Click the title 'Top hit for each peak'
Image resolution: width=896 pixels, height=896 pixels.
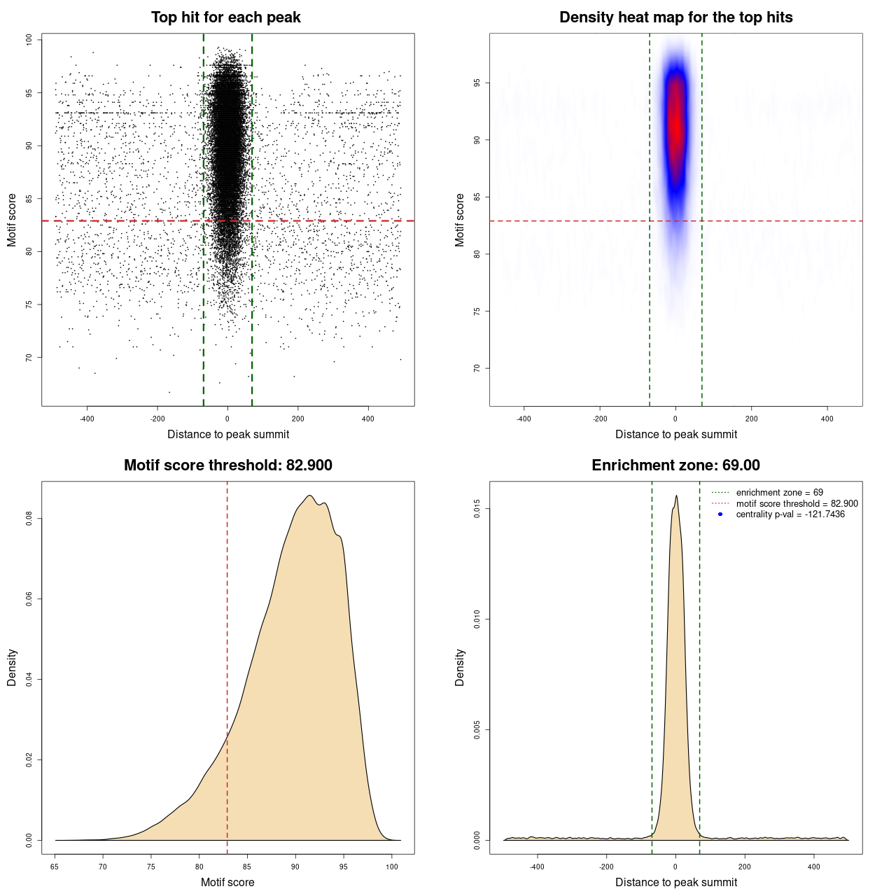point(225,17)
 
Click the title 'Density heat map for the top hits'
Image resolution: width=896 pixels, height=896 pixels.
point(675,17)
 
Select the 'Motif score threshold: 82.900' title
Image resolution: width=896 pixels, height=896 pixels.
point(227,465)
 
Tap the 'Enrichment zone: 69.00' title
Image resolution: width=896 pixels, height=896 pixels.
point(675,465)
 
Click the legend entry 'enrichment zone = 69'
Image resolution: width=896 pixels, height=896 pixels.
point(779,493)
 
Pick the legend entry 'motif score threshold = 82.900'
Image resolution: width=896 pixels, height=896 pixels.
point(797,503)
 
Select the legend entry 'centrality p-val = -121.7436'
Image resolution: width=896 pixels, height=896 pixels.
point(790,514)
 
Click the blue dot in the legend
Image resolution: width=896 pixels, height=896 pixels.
point(720,514)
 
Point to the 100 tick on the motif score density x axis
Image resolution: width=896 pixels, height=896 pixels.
point(392,867)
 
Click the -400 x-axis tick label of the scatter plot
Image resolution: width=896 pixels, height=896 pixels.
point(87,419)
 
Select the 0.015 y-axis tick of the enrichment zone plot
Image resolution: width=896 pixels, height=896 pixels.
point(477,509)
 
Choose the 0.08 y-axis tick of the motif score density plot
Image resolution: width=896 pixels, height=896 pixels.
point(29,519)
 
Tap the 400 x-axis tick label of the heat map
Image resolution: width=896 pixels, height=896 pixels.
point(827,419)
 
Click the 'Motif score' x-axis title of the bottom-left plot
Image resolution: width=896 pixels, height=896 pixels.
point(227,882)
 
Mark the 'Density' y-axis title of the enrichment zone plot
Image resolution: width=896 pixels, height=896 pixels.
point(460,667)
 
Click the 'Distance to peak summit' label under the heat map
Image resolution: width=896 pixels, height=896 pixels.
point(675,434)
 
